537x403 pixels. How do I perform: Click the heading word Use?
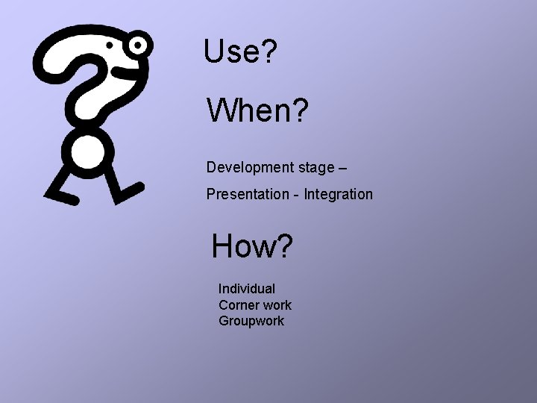tap(241, 51)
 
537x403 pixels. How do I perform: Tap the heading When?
tap(257, 111)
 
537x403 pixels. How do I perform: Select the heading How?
tap(252, 246)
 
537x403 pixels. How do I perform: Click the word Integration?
tap(338, 195)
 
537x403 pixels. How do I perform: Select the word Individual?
tap(246, 288)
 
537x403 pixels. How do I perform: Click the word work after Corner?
tap(276, 304)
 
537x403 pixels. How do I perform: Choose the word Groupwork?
tap(251, 321)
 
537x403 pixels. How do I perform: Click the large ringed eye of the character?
tap(138, 46)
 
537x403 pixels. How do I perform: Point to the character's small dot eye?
tap(110, 46)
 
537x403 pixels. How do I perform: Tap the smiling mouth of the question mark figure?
tap(123, 72)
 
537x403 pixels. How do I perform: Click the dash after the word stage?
tap(342, 169)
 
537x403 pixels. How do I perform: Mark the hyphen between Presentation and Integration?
tap(296, 195)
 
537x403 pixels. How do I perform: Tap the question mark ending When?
tap(298, 111)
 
